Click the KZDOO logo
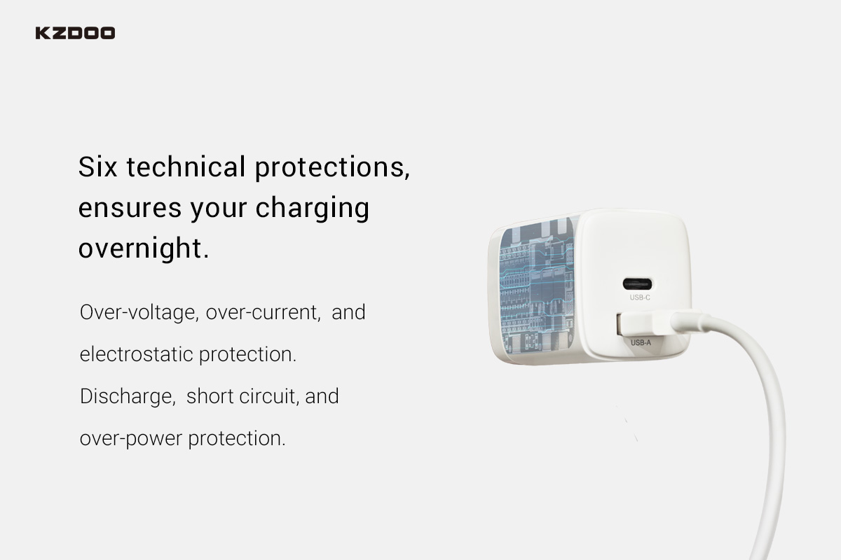tap(75, 33)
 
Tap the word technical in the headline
tap(186, 167)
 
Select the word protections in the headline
tap(332, 168)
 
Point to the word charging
tap(313, 209)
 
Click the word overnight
tap(144, 248)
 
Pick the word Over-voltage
tap(139, 313)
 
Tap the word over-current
tap(264, 312)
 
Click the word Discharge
tap(128, 397)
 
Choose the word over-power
tap(131, 439)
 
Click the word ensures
tap(130, 209)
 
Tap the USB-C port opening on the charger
tap(637, 284)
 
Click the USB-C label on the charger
tap(640, 297)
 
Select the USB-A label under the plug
tap(641, 342)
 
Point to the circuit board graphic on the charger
tap(537, 286)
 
